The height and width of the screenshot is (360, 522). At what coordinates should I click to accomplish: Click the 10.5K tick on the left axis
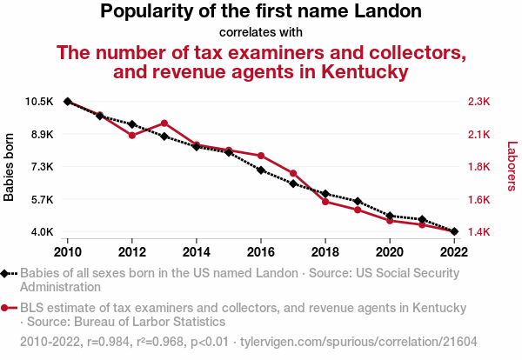40,102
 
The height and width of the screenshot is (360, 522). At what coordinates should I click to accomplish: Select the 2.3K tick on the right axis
478,102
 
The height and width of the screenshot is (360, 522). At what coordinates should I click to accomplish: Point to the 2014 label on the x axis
197,251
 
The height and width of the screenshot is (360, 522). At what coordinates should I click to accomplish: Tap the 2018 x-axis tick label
325,251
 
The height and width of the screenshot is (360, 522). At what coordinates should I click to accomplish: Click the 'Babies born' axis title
10,168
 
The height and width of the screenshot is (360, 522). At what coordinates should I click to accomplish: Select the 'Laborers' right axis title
512,168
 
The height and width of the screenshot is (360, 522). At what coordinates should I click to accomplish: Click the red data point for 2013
164,123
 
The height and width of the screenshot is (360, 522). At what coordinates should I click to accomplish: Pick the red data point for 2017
293,173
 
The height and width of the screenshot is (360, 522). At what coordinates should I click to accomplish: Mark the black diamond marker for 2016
261,170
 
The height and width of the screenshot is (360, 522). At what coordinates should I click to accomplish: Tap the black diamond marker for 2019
358,201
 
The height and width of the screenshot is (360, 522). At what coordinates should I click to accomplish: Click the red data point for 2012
132,136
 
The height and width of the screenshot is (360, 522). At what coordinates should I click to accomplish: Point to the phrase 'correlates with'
261,32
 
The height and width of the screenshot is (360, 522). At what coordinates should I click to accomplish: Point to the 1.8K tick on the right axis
478,167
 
